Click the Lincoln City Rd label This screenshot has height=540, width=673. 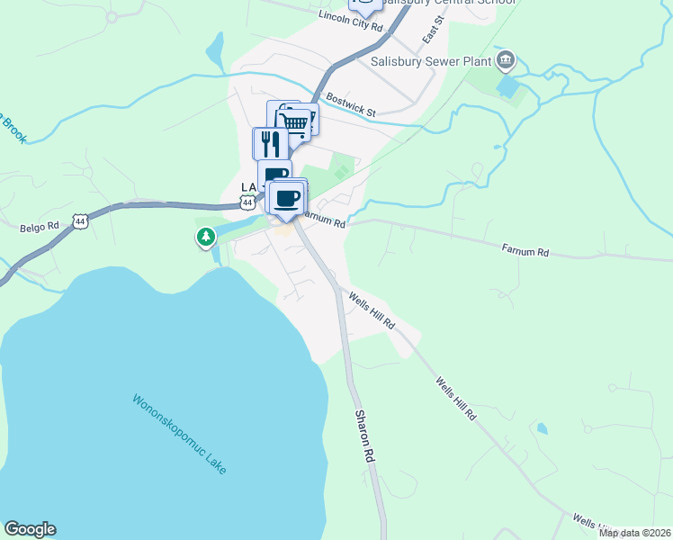click(x=351, y=22)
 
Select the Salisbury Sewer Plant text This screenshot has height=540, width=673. click(x=431, y=62)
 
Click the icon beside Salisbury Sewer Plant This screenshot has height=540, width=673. click(x=505, y=60)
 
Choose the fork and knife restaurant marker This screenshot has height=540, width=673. click(x=270, y=144)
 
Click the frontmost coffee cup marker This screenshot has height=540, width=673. click(x=286, y=199)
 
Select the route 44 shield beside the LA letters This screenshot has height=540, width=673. click(x=247, y=203)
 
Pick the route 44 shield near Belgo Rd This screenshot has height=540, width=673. click(x=81, y=220)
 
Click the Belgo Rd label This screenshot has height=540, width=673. click(x=39, y=228)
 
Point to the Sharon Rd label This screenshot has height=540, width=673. click(x=364, y=436)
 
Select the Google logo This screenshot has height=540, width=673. click(x=30, y=529)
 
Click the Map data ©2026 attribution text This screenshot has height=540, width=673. click(x=635, y=533)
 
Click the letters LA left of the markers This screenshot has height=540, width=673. click(x=248, y=187)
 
